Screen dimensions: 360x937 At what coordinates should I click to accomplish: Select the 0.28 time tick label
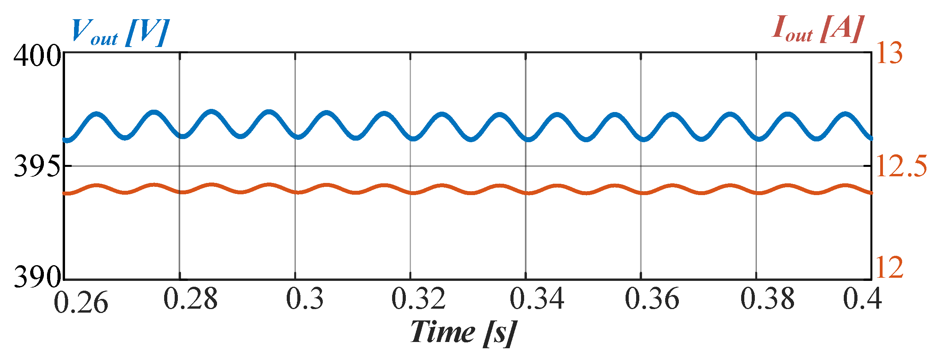coord(190,300)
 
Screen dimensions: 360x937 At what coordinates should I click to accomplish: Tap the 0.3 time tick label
coord(305,300)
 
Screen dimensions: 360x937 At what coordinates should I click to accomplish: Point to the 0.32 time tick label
coord(419,300)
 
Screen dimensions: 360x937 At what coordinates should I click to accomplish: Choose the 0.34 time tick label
coord(537,300)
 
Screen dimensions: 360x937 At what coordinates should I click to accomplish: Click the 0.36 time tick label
coord(652,300)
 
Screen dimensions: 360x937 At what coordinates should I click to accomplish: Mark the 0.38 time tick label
coord(767,300)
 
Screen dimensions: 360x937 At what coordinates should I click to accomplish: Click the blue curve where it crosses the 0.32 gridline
coord(410,138)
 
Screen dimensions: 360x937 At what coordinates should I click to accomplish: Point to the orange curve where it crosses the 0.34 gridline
coord(526,193)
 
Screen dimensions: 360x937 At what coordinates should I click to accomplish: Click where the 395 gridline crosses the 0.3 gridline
coord(295,166)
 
